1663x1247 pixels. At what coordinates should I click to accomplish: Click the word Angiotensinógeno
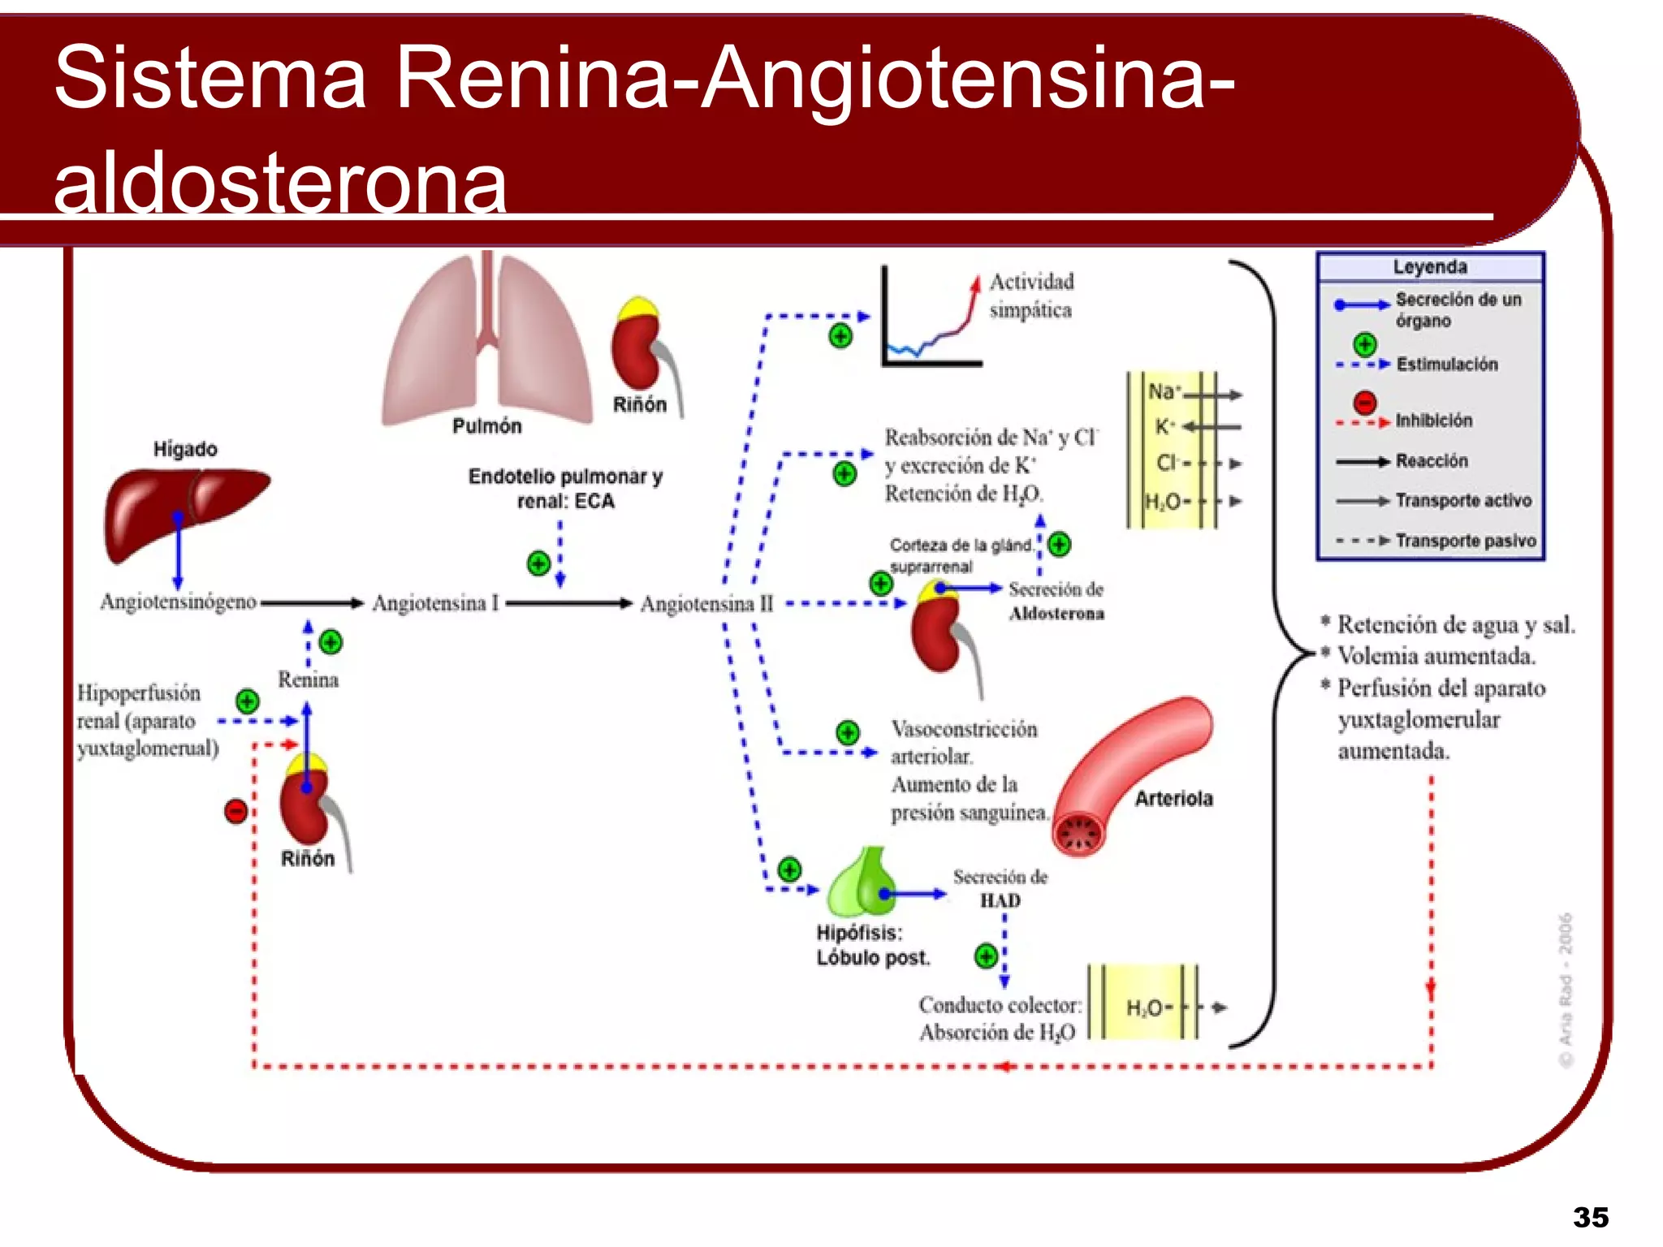(178, 602)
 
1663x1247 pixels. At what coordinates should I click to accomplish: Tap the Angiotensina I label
(435, 603)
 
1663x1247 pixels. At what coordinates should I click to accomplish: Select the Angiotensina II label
(706, 604)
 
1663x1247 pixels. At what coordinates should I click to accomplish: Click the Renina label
(308, 680)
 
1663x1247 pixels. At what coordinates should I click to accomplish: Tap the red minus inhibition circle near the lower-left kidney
(235, 811)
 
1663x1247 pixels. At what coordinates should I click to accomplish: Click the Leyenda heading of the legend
(1430, 267)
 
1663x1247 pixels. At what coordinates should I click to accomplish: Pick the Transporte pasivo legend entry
(1466, 541)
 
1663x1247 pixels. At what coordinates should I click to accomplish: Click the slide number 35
(1590, 1217)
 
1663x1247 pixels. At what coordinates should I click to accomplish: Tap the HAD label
(1000, 901)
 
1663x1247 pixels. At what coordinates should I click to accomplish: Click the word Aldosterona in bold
(1056, 614)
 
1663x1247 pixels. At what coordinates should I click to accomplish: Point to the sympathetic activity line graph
(932, 321)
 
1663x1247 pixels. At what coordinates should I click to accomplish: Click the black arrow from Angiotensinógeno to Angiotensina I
(312, 603)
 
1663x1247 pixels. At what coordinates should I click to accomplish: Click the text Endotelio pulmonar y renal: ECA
(565, 489)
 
